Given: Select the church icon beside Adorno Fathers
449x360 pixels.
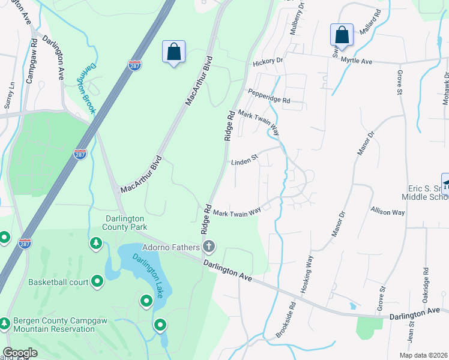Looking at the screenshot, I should pos(209,246).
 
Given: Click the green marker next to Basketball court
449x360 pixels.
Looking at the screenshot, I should pos(97,281).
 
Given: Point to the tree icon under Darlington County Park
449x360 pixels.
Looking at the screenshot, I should pos(95,243).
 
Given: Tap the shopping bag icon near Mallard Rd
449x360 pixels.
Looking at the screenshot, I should pos(342,34).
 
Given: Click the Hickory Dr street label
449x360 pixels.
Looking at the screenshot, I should pos(268,61).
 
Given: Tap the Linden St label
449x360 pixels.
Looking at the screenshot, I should pos(244,160).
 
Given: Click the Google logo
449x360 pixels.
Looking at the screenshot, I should pos(19,353).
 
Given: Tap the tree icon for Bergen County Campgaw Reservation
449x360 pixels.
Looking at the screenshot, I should pos(5,323).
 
